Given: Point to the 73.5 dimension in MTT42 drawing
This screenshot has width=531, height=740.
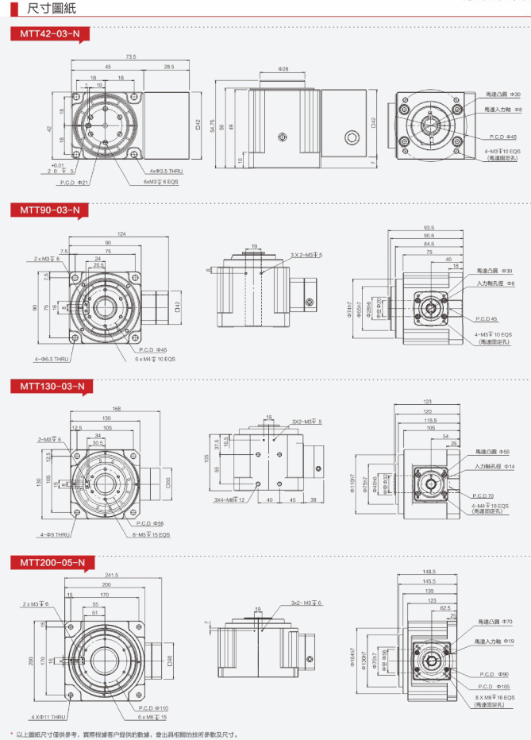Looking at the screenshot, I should click(x=131, y=57).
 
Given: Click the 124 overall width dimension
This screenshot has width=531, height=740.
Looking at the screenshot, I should click(x=121, y=233).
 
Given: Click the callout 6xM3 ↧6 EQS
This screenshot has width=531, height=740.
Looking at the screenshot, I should click(x=160, y=182).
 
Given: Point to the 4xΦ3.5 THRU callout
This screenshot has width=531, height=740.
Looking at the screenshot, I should click(x=166, y=171).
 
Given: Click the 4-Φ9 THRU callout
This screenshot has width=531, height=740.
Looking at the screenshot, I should click(x=52, y=535).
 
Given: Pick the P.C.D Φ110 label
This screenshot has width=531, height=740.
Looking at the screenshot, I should click(x=153, y=707).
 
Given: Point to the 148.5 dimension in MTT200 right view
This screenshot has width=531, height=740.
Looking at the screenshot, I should click(x=430, y=572).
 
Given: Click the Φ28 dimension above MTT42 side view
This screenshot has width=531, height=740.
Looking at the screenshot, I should click(x=283, y=69).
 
